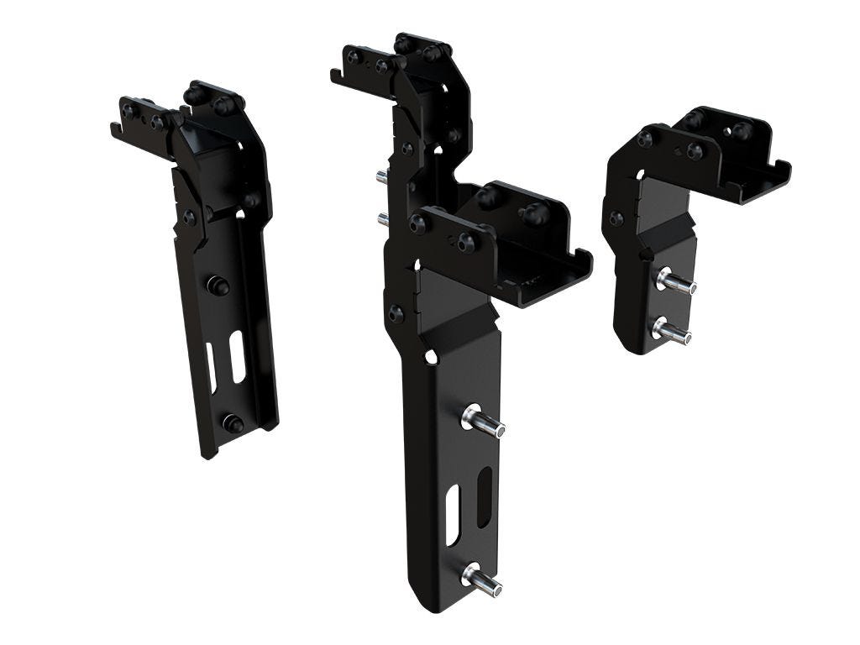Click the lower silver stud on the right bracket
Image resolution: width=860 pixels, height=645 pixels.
671,330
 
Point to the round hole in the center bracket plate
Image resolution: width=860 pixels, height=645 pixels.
431,357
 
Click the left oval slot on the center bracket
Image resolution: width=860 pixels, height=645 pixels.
453,514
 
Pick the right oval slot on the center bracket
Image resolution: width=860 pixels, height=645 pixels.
485,497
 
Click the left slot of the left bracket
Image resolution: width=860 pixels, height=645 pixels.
212,367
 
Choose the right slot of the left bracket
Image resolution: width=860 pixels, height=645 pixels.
238,356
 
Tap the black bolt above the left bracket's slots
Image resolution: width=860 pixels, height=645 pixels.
218,286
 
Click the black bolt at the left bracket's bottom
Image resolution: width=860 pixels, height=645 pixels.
233,424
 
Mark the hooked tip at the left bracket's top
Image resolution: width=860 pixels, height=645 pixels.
114,129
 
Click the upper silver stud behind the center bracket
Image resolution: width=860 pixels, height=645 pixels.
381,176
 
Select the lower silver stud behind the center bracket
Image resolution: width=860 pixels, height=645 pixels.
383,219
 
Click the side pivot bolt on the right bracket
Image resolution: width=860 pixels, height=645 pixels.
616,218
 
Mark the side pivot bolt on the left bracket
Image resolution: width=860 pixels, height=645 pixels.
190,218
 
